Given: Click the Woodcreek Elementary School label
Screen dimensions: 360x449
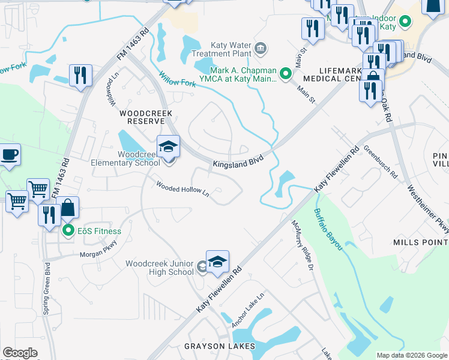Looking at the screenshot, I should [x=130, y=158].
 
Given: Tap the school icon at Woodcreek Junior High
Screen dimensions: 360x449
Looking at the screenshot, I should [x=217, y=262].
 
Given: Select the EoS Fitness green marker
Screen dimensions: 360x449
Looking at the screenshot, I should [x=68, y=230].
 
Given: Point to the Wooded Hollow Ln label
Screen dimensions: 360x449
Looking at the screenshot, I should [x=182, y=188].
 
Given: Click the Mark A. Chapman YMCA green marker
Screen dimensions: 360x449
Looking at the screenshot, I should [x=286, y=75].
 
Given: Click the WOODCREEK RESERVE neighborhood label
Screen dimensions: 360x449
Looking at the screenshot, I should [x=146, y=116].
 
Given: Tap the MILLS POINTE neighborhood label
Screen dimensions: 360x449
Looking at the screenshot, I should [x=420, y=242].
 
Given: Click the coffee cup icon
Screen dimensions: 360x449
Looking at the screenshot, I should [x=9, y=154].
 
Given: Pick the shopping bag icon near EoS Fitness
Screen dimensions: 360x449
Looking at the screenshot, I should [x=69, y=208].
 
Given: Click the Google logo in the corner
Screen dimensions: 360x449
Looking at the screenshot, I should [x=20, y=353].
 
